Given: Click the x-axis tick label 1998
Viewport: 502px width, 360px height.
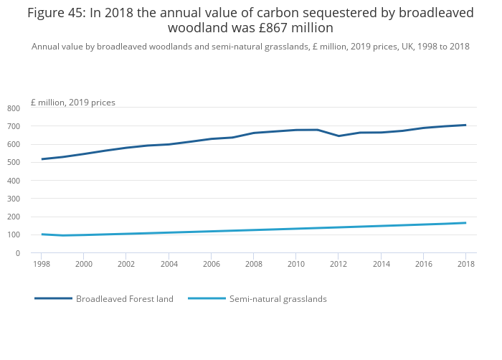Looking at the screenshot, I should click(42, 265).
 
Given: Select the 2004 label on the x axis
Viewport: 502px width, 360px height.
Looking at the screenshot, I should click(169, 265).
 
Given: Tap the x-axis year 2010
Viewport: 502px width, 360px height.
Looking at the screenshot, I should click(295, 265).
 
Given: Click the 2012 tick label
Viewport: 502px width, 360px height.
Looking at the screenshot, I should click(338, 265).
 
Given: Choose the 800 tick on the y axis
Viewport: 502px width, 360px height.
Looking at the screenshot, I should click(14, 108).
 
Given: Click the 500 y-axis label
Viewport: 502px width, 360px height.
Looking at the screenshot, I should click(14, 163).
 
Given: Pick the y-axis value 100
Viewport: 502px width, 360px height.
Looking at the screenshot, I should click(14, 235).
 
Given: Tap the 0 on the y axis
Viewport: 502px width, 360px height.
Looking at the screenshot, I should click(17, 253).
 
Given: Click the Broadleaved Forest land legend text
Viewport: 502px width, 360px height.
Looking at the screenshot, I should click(125, 299).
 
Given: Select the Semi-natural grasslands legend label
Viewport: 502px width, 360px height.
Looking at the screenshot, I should click(278, 299).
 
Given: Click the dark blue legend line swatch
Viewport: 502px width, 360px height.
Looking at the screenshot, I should click(53, 298).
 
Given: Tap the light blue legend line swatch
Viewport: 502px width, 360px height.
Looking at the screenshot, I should click(207, 298).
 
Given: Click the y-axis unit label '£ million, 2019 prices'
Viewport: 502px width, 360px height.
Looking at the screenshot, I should click(72, 103).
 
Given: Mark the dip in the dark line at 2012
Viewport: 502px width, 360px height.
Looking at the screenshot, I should click(338, 136).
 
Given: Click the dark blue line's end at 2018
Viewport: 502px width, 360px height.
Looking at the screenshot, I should click(465, 125).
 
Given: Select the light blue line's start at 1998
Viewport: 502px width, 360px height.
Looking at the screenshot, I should click(42, 234).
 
